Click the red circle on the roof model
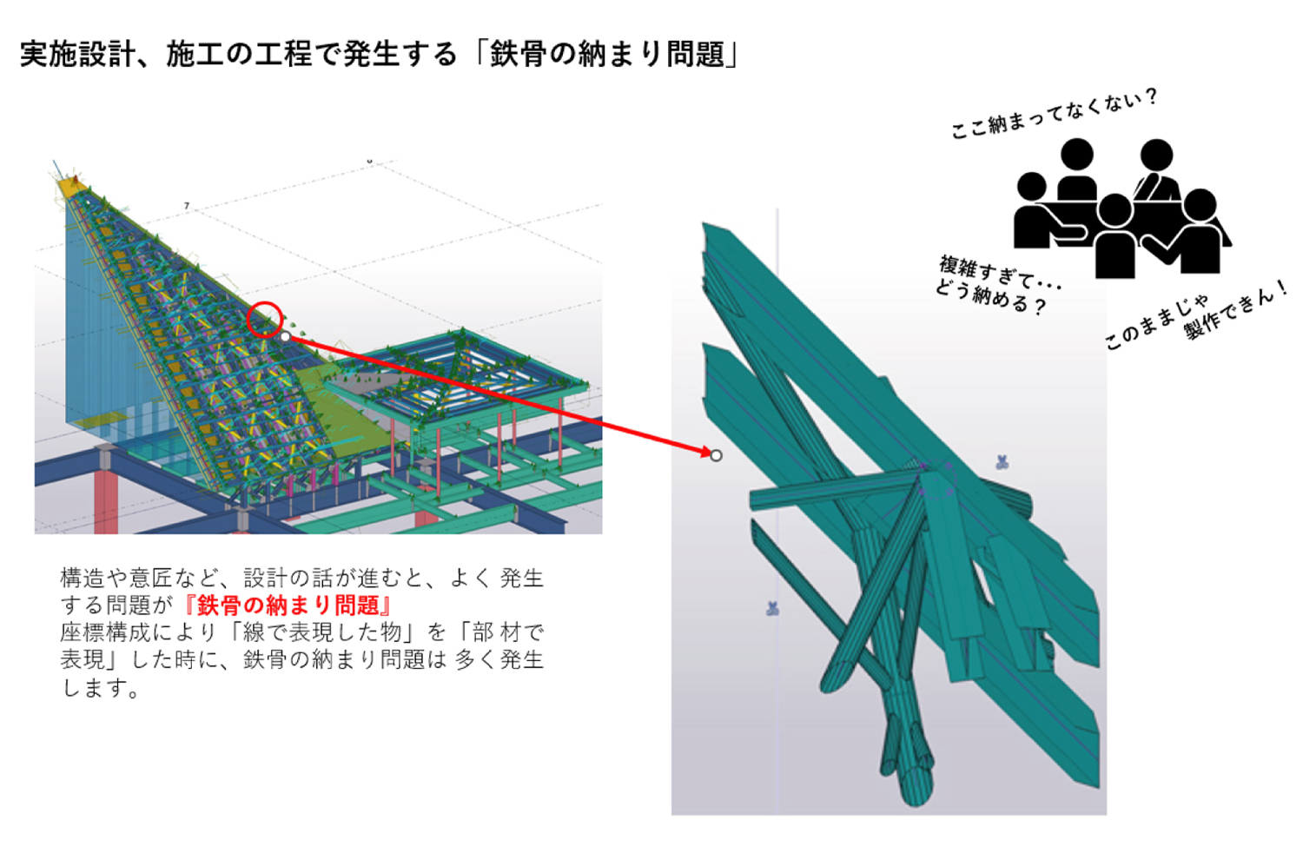265,319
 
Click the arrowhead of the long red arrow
705,451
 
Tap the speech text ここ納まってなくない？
1054,114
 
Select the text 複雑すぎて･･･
1000,273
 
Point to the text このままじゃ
1156,322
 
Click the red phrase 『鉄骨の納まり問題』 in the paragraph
287,605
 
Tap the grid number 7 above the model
187,206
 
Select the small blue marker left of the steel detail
772,609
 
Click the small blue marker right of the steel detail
1002,462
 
